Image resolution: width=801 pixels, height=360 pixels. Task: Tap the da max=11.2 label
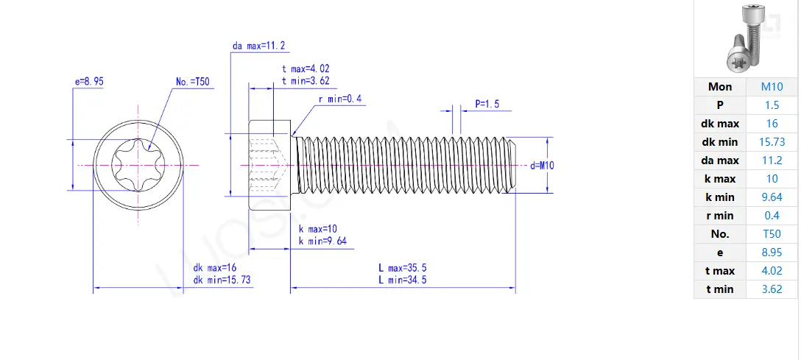258,46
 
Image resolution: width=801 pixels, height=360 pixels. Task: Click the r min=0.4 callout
340,99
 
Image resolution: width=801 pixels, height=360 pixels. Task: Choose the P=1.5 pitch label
487,105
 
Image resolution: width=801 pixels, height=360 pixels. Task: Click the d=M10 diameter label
542,166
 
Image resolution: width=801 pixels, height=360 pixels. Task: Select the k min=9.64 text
322,241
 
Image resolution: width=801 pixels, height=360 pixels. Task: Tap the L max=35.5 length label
403,268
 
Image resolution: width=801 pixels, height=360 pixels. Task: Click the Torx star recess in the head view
139,166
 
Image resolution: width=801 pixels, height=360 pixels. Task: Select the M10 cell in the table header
772,87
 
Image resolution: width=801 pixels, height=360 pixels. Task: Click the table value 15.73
772,142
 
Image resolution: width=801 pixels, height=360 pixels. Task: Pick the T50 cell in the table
772,234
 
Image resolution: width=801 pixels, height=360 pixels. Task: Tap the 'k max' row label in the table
720,179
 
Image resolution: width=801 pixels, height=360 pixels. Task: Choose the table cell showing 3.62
772,289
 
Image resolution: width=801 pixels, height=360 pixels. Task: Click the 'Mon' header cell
720,87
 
